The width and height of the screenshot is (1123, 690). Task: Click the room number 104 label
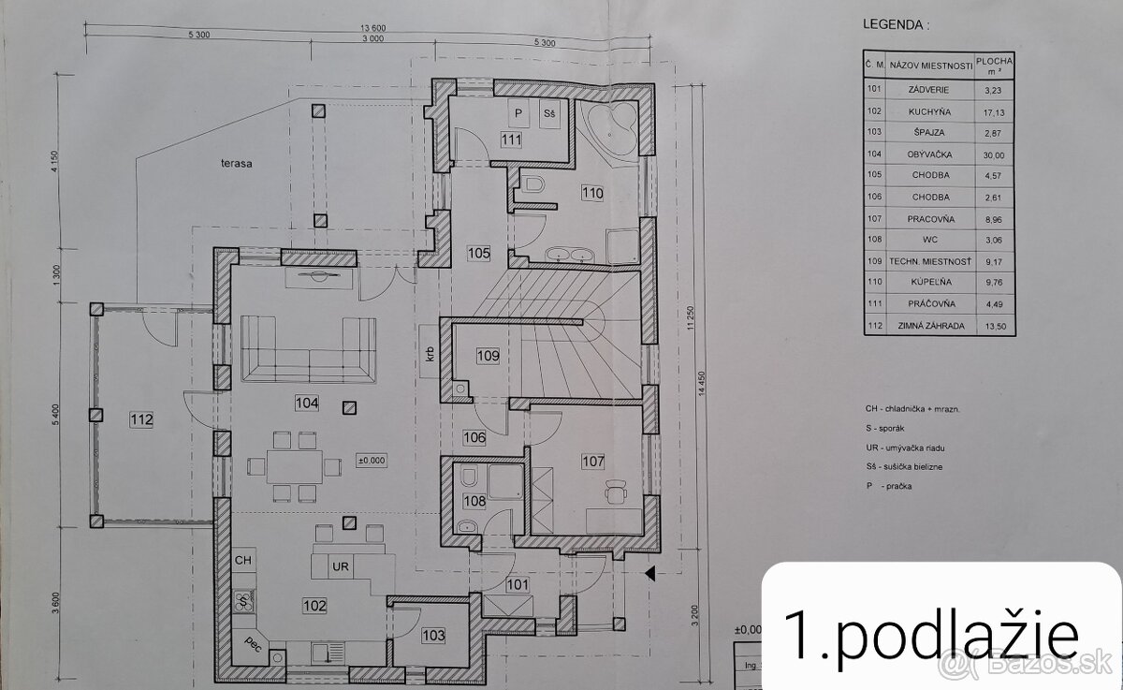[x=306, y=404]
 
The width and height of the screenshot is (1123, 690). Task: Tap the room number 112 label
[x=142, y=418]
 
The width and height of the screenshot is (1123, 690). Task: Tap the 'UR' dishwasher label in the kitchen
[x=341, y=566]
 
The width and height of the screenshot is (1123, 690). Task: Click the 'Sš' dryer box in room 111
[x=549, y=114]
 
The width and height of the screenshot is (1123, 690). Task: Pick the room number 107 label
[x=591, y=461]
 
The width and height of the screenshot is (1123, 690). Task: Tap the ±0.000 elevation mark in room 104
[x=372, y=461]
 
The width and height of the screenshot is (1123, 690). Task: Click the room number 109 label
[x=488, y=356]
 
